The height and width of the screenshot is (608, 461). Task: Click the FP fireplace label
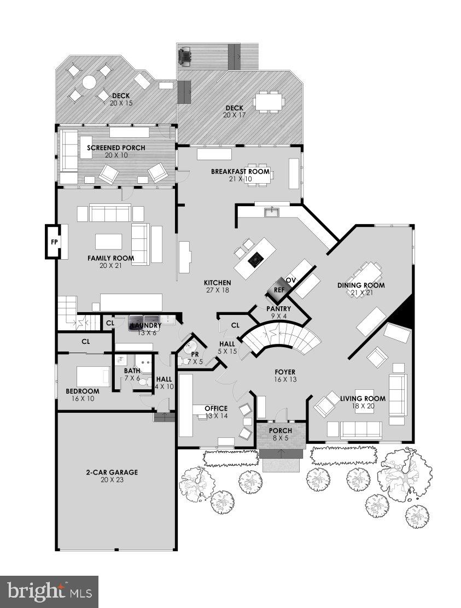coord(54,241)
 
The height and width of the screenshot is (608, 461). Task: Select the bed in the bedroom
coord(94,376)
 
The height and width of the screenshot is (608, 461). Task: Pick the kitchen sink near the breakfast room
coord(271,211)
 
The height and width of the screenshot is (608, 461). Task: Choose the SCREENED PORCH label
coord(115,148)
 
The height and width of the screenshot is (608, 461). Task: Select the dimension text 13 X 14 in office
coord(215,416)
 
